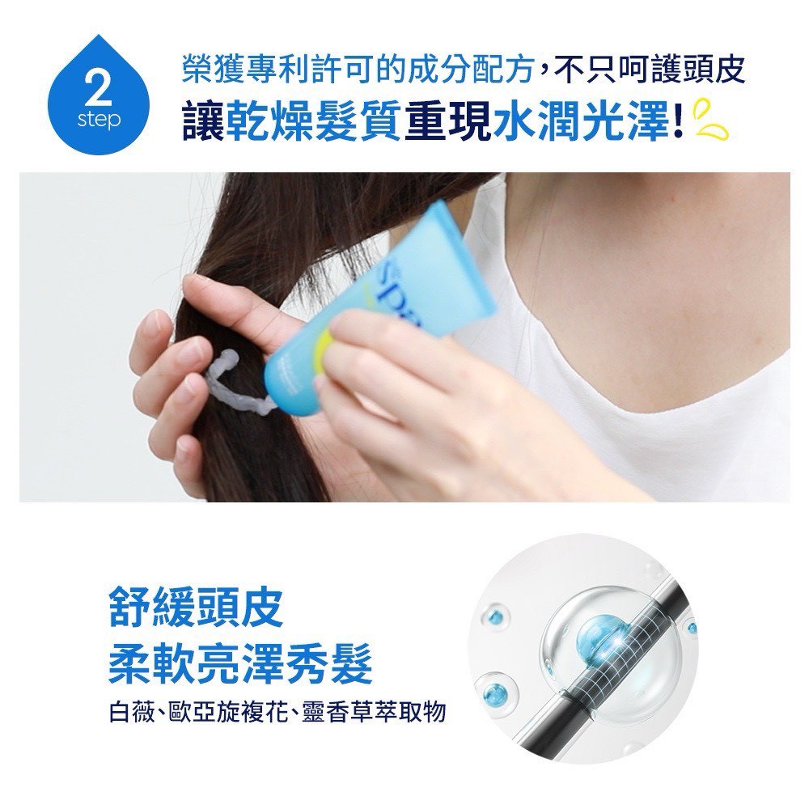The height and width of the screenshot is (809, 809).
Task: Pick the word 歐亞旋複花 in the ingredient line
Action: pyautogui.click(x=221, y=713)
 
